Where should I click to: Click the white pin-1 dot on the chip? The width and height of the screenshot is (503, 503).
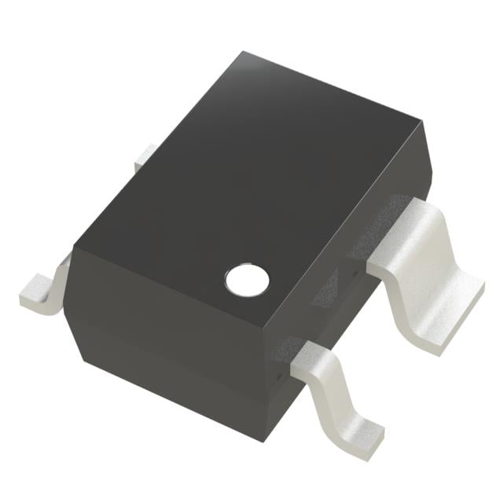pos(247,278)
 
